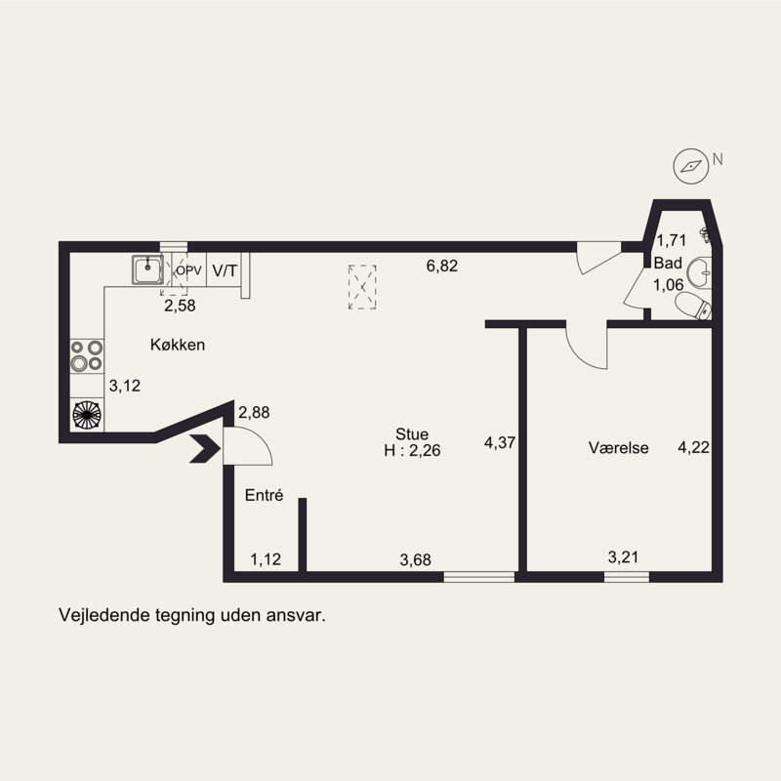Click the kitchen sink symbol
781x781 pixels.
click(147, 269)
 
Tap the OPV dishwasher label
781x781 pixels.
click(188, 270)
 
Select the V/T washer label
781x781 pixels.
click(225, 270)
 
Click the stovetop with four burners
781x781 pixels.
click(87, 355)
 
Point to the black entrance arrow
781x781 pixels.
click(205, 448)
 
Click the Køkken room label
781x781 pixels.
click(178, 345)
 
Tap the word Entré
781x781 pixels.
click(264, 495)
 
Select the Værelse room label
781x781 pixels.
click(619, 448)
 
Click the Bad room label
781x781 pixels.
click(668, 263)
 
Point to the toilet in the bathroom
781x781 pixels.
click(693, 305)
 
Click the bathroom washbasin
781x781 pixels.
click(699, 273)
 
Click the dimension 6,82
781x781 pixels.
click(442, 266)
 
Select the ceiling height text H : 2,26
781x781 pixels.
click(412, 450)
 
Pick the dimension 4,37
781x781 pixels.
click(500, 442)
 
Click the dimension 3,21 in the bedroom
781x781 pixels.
click(623, 556)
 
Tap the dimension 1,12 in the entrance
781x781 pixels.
click(266, 559)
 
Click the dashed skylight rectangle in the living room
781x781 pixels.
click(362, 287)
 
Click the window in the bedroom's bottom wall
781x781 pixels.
click(627, 577)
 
